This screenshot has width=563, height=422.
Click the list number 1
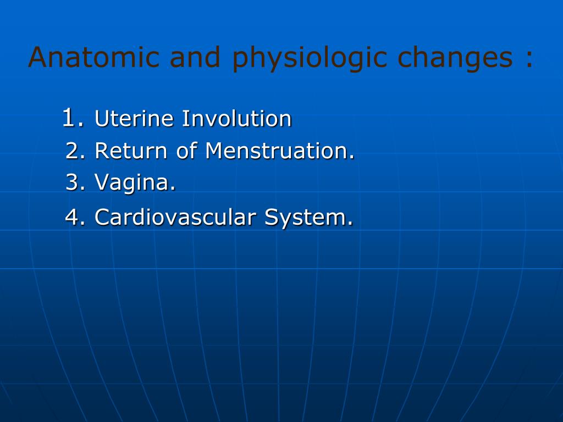point(69,118)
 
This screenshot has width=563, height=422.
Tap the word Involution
point(236,119)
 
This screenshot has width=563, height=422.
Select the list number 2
point(73,151)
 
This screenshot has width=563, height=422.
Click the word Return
point(131,151)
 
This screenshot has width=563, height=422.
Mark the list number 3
point(73,182)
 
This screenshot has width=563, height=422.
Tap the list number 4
point(73,218)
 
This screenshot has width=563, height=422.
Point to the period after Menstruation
point(352,158)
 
